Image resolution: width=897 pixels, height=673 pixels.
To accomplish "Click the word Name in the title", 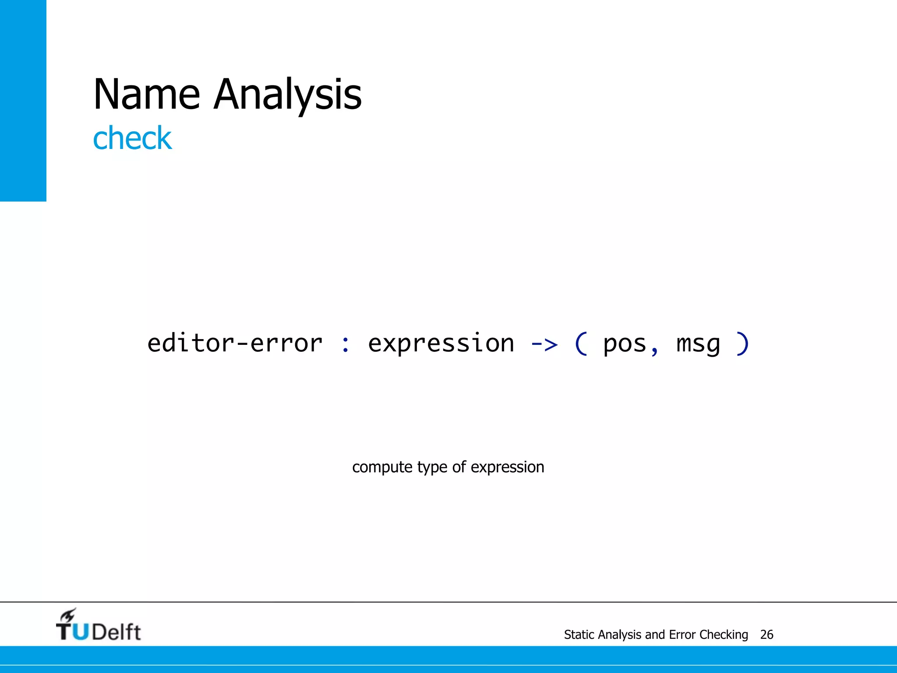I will point(147,94).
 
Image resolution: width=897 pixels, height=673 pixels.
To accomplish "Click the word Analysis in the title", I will point(288,94).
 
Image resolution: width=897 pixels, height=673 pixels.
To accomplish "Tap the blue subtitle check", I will point(132,138).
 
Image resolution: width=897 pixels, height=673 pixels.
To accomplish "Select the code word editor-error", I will point(235,343).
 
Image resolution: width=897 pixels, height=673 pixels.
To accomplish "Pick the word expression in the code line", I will point(441,343).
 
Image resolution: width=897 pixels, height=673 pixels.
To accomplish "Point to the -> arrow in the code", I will point(544,344).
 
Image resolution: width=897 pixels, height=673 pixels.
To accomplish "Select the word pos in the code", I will point(625,344).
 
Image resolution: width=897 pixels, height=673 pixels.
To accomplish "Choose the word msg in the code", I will point(698,344).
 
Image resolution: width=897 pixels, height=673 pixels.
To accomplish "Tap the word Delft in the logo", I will point(117,632).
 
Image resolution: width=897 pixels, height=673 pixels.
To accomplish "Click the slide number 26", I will point(766,634).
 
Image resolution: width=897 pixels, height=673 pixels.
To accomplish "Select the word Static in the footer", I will point(579,634).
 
